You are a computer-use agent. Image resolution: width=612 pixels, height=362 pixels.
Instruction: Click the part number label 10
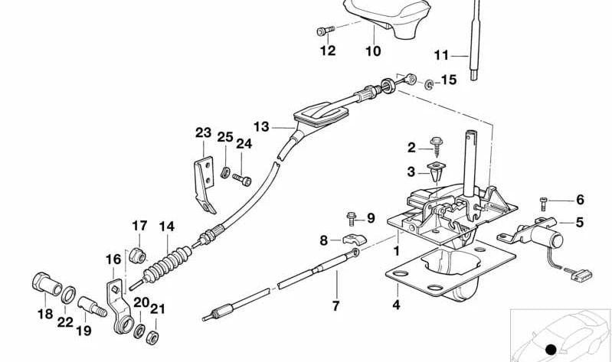[x=372, y=52]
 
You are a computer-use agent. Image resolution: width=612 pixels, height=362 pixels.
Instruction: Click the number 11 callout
[x=441, y=55]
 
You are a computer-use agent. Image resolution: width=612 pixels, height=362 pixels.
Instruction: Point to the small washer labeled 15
[x=429, y=82]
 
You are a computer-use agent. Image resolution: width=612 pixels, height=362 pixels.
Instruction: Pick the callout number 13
[x=262, y=127]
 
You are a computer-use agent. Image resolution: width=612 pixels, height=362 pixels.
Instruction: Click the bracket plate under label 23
[x=203, y=183]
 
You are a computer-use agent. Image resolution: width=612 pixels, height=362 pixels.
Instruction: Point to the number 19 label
[x=83, y=331]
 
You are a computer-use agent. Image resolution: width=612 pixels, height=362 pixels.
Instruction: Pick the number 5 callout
[x=580, y=223]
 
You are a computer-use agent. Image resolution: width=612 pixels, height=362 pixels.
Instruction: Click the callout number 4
[x=396, y=305]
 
